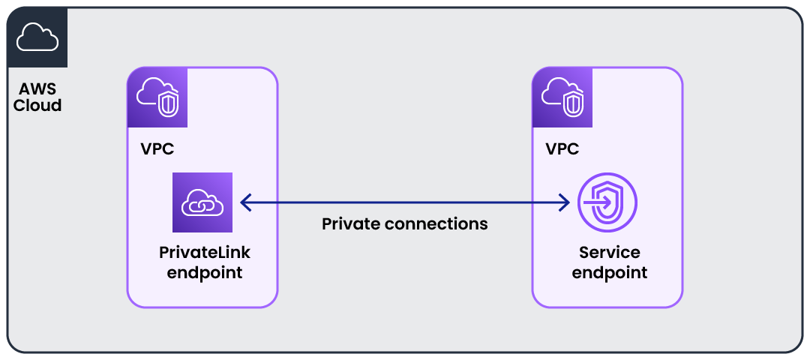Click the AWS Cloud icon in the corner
(37, 37)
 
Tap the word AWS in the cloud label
(37, 90)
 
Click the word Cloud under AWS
(37, 106)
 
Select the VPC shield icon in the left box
(157, 97)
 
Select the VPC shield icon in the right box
(562, 97)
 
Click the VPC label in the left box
(157, 149)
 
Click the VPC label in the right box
(562, 149)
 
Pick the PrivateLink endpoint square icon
(202, 202)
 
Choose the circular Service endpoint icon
(607, 202)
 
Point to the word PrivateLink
(205, 253)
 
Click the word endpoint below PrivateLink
(205, 272)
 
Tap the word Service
(609, 253)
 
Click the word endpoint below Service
(609, 272)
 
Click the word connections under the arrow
(439, 223)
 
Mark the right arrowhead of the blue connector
(564, 202)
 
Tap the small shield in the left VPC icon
(167, 103)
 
